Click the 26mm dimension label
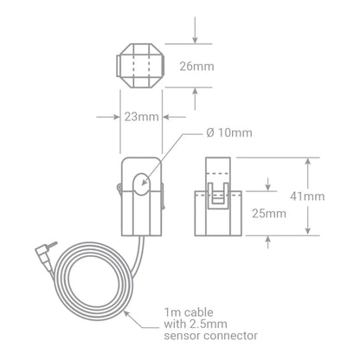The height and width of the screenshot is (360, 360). pyautogui.click(x=196, y=67)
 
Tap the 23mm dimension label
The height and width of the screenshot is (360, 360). pyautogui.click(x=141, y=117)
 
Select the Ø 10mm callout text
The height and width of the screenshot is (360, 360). pyautogui.click(x=229, y=132)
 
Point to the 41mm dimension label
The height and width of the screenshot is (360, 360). pyautogui.click(x=307, y=196)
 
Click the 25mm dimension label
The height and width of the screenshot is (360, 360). pyautogui.click(x=269, y=214)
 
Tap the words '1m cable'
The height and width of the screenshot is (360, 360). pyautogui.click(x=189, y=312)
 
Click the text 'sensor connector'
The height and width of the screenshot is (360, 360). pyautogui.click(x=211, y=336)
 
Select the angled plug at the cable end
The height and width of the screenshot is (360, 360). pyautogui.click(x=45, y=254)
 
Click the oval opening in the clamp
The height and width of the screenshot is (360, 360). pyautogui.click(x=141, y=184)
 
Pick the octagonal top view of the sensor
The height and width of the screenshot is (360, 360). pyautogui.click(x=141, y=66)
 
